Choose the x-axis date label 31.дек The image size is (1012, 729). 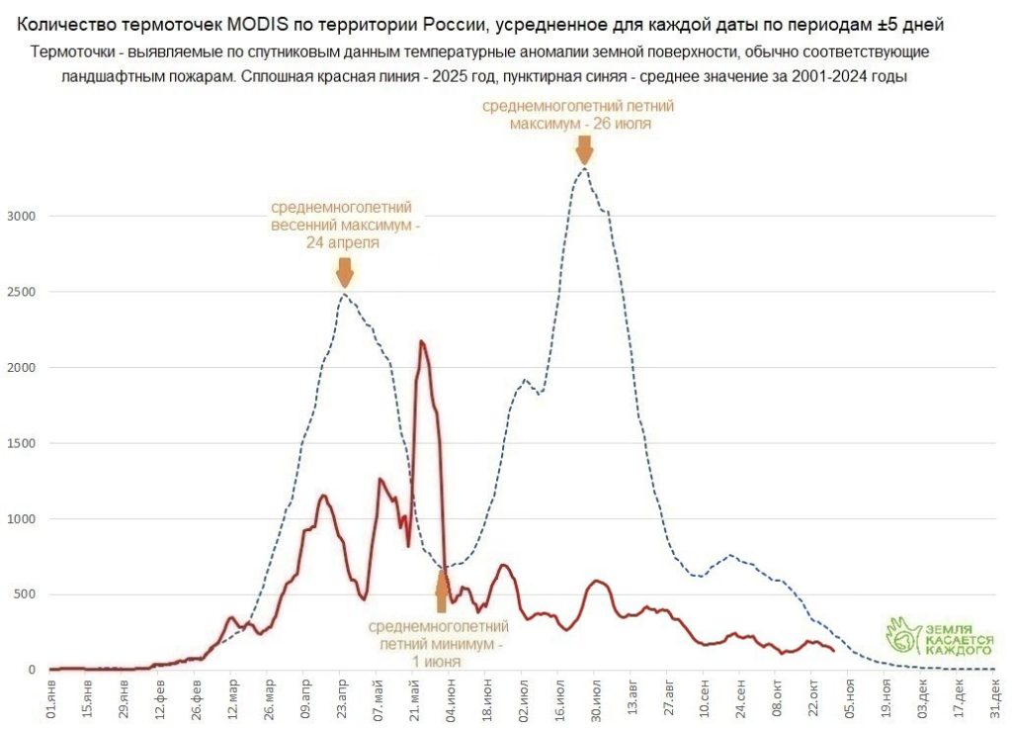pos(996,696)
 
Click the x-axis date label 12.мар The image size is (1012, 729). pos(233,696)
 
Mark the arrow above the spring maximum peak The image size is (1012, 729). pos(344,272)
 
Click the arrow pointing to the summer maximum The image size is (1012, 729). pos(584,149)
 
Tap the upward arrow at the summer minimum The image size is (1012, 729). pos(443,592)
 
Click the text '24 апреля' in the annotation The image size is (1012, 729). pos(341,242)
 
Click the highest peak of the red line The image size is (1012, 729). pos(422,341)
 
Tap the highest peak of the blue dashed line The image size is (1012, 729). pos(585,168)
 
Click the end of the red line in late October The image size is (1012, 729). pos(834,650)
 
